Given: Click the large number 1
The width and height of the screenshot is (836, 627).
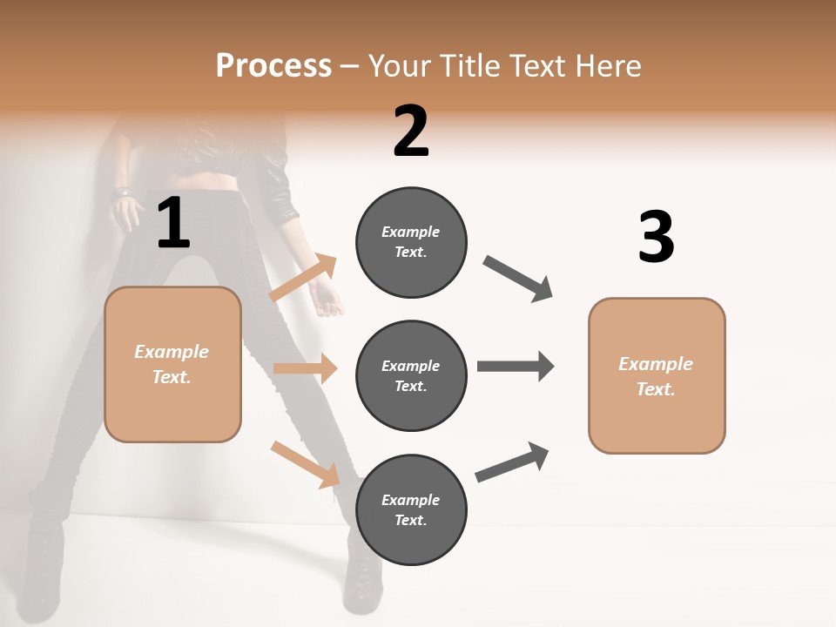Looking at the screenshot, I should (173, 224).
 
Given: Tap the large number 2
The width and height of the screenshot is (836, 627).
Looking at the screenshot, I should (411, 131).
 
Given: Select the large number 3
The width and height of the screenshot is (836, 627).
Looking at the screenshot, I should (656, 238).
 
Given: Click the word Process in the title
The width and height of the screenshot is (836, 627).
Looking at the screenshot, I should (273, 65).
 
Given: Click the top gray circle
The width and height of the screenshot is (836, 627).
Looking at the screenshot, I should (411, 242).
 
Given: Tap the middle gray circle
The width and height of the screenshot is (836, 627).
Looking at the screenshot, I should (411, 376).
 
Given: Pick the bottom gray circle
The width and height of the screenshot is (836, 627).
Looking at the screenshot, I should (411, 510).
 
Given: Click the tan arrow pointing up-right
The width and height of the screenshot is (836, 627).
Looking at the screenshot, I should (303, 279).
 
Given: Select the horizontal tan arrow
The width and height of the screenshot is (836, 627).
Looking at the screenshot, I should (305, 368).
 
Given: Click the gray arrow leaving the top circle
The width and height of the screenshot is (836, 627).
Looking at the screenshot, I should (518, 279).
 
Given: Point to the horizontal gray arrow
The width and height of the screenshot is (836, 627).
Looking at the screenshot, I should (515, 367).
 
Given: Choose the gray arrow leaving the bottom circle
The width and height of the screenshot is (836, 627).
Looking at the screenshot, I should (512, 462).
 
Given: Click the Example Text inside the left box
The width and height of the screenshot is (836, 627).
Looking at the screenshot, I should (172, 364).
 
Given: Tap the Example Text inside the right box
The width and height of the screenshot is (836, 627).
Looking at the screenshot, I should (656, 376).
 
